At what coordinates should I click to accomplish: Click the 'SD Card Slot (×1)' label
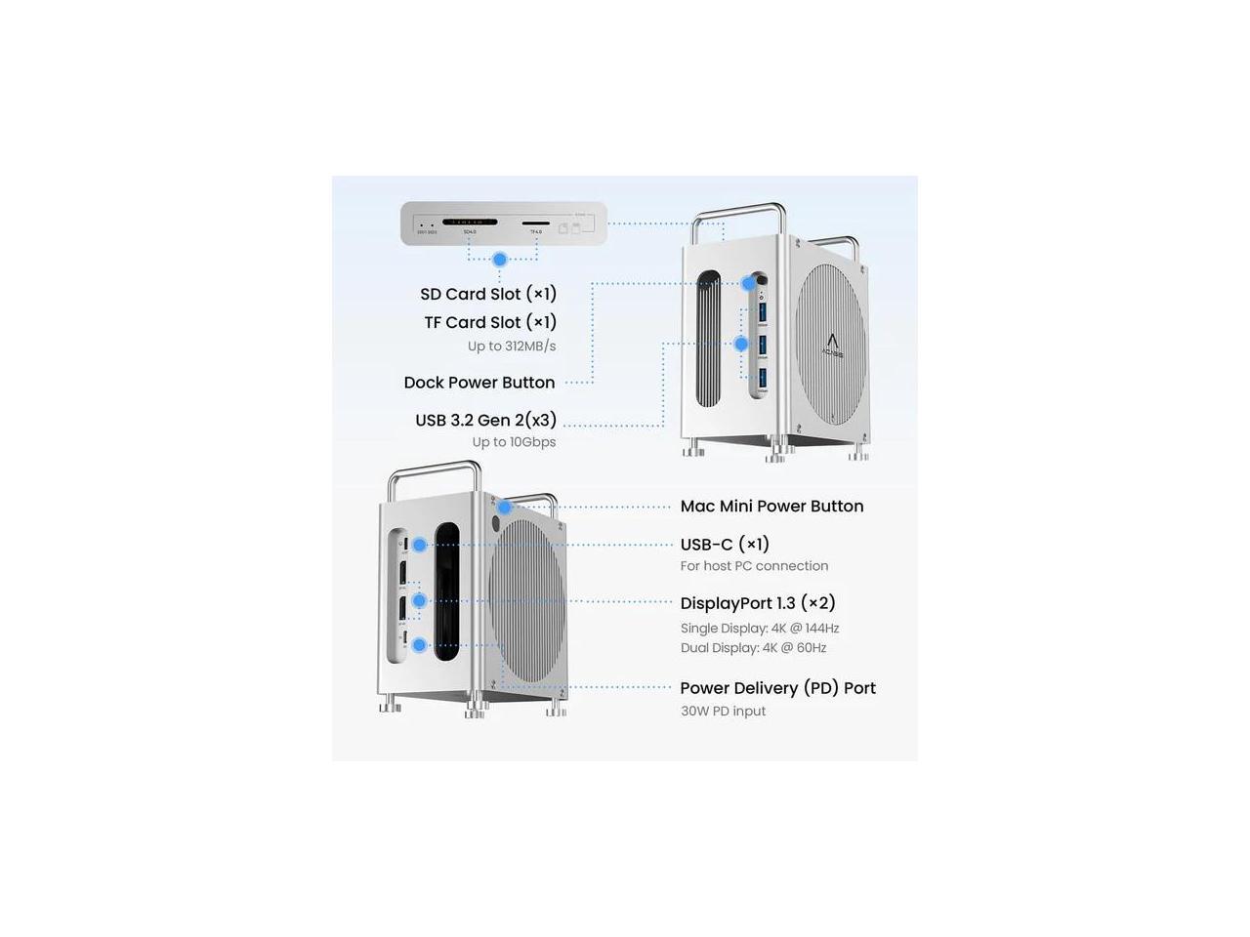click(x=488, y=294)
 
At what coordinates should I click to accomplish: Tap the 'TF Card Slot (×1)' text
click(x=490, y=322)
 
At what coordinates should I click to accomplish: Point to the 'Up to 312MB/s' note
click(x=512, y=346)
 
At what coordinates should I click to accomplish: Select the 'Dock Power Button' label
click(x=479, y=383)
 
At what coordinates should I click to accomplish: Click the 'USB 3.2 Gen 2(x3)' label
click(x=485, y=420)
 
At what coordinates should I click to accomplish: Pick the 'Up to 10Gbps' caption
click(x=514, y=442)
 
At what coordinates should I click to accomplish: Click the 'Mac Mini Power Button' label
click(x=771, y=506)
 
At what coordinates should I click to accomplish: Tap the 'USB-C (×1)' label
click(x=725, y=544)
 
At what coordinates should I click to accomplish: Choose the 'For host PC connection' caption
click(x=754, y=566)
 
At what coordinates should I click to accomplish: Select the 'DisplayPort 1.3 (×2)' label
click(x=758, y=602)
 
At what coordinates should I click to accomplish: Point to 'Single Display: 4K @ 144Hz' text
click(x=760, y=629)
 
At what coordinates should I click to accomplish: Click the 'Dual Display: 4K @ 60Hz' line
click(x=753, y=648)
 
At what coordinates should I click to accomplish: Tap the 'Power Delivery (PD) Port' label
click(x=777, y=688)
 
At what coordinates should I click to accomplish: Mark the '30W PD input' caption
click(x=723, y=712)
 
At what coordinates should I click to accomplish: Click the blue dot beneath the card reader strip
click(x=500, y=260)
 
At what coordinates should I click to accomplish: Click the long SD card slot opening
click(x=470, y=223)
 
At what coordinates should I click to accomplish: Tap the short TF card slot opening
click(x=535, y=224)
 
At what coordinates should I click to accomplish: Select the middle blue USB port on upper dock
click(x=763, y=344)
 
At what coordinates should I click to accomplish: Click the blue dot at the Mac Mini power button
click(x=504, y=507)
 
